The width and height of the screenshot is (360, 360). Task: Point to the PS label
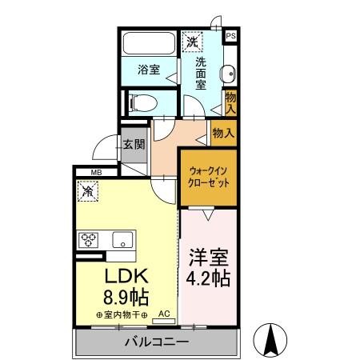[230, 36]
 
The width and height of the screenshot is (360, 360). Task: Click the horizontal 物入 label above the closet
[223, 133]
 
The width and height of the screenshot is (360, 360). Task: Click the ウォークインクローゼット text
[208, 177]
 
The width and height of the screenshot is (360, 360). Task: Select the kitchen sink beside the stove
[122, 238]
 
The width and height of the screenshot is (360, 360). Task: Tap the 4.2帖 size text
[210, 280]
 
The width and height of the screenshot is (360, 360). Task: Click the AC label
[164, 316]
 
